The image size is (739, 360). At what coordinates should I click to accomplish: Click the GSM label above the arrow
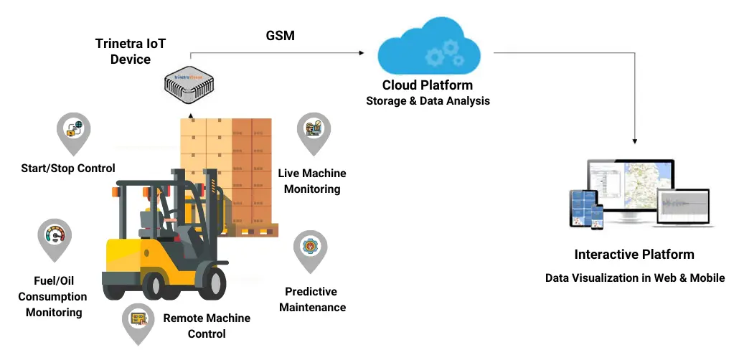pos(281,35)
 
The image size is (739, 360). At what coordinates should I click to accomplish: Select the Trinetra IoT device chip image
pos(190,85)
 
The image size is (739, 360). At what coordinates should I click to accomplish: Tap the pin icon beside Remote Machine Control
pos(138,323)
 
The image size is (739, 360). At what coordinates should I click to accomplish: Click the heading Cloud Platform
pos(428,85)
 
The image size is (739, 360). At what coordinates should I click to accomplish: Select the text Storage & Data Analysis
pos(428,101)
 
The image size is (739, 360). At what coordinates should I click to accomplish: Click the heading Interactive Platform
pos(634,255)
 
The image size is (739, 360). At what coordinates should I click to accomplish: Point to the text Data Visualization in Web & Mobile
pos(635,278)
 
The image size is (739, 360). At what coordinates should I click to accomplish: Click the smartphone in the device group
pos(598,217)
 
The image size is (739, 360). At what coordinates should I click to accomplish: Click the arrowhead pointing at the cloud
pos(362,53)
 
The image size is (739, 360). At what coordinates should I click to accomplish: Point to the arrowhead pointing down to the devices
pos(635,141)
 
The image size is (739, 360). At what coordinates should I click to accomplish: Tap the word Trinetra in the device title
pos(118,44)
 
